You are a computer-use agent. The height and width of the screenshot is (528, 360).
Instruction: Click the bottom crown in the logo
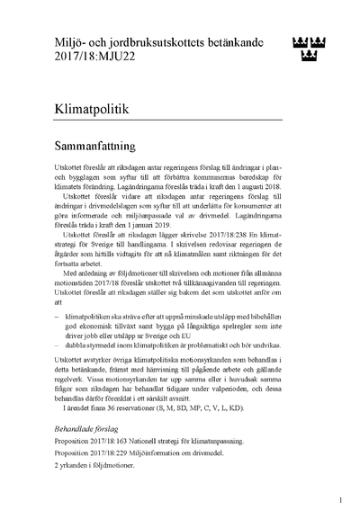[x=309, y=58]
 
